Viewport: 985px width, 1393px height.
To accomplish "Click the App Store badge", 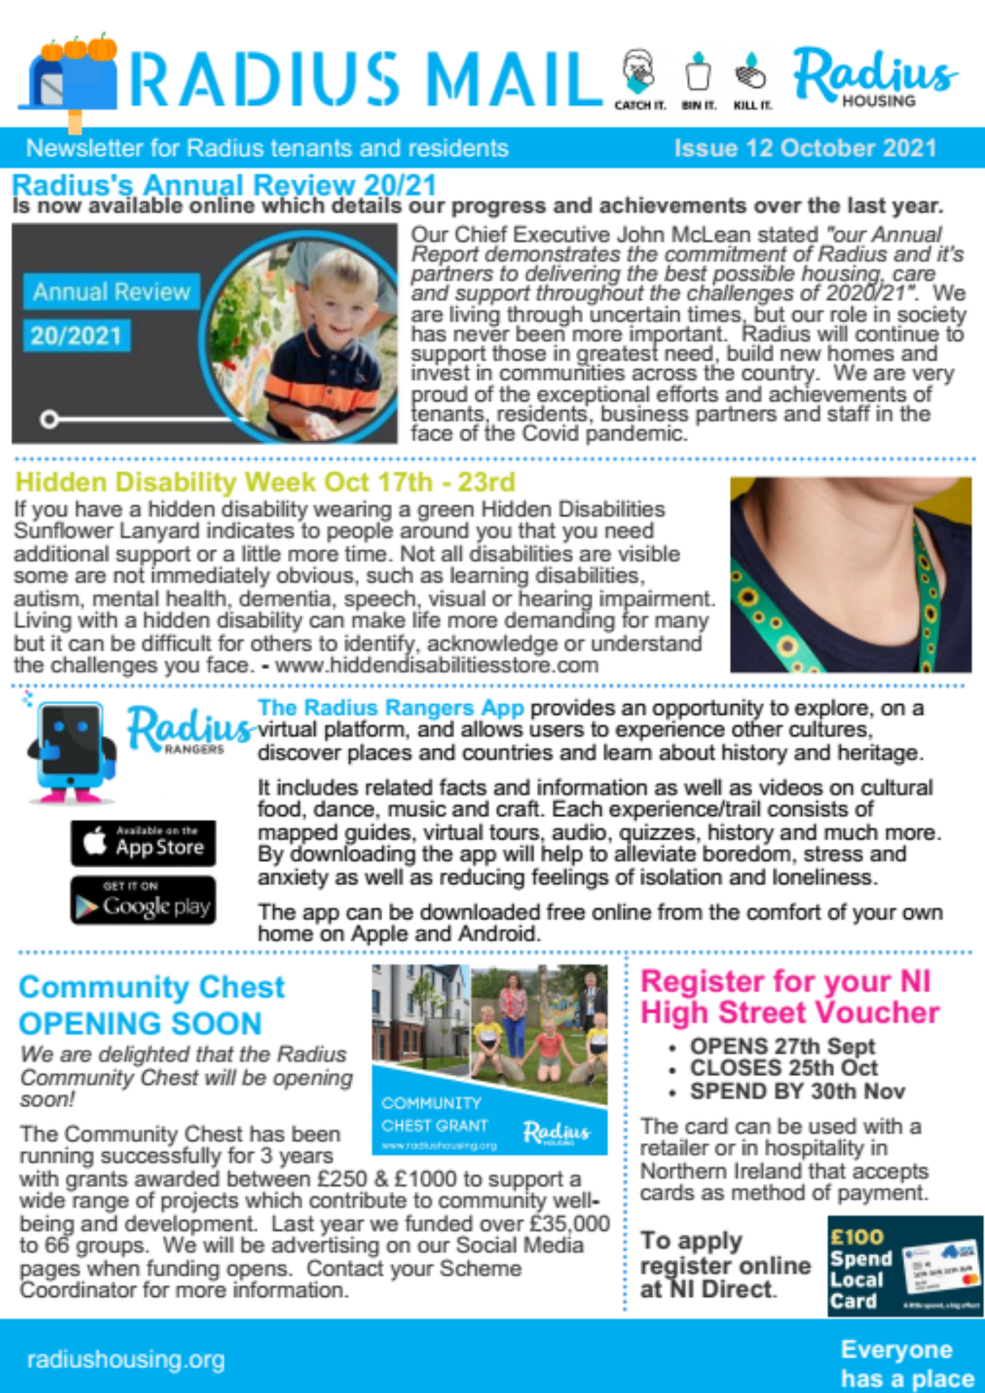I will pyautogui.click(x=143, y=843).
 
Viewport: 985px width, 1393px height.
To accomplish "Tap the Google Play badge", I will pyautogui.click(x=143, y=900).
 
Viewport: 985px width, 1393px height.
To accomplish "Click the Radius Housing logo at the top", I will pyautogui.click(x=875, y=77).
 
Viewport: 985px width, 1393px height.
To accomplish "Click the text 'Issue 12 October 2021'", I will pyautogui.click(x=805, y=148).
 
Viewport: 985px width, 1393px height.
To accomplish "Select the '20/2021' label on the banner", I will pyautogui.click(x=76, y=336).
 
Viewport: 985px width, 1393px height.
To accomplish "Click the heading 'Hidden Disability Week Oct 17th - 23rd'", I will pyautogui.click(x=265, y=482).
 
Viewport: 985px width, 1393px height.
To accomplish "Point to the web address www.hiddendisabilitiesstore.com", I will pyautogui.click(x=437, y=665).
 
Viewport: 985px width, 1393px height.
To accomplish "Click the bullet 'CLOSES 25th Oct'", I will pyautogui.click(x=783, y=1068).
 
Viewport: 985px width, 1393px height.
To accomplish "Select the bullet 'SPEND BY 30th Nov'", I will pyautogui.click(x=797, y=1091).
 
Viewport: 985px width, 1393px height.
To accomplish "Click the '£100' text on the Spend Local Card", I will pyautogui.click(x=857, y=1237).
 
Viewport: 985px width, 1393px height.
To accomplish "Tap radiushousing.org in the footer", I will pyautogui.click(x=126, y=1359).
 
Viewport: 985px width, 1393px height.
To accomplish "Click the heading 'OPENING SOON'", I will pyautogui.click(x=140, y=1024).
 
